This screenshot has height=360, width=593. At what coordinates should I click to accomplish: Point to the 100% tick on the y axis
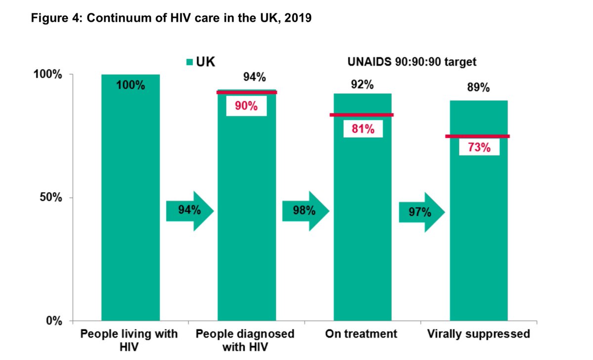(x=47, y=75)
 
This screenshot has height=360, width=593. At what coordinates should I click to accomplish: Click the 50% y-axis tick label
(x=50, y=198)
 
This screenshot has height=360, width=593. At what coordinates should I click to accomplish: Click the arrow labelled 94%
(x=189, y=210)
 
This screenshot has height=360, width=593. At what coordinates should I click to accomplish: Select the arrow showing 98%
(x=305, y=210)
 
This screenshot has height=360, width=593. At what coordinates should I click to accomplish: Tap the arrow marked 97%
(x=422, y=213)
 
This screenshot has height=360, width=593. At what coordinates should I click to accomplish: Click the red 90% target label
(x=246, y=106)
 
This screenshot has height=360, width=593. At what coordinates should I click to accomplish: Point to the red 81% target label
(x=363, y=129)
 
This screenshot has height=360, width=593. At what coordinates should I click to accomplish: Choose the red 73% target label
(x=479, y=147)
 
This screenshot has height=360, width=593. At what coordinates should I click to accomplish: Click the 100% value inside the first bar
(x=130, y=85)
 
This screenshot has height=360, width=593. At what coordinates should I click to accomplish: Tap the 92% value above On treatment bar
(x=362, y=84)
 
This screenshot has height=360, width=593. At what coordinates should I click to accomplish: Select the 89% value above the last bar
(x=478, y=88)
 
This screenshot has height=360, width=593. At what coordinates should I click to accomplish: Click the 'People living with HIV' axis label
(x=130, y=340)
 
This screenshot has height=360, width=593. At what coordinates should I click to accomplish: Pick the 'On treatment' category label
(x=361, y=334)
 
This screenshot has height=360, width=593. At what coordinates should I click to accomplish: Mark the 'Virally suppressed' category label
(x=478, y=334)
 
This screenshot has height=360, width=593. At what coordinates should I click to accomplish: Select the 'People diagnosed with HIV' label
(x=245, y=340)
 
